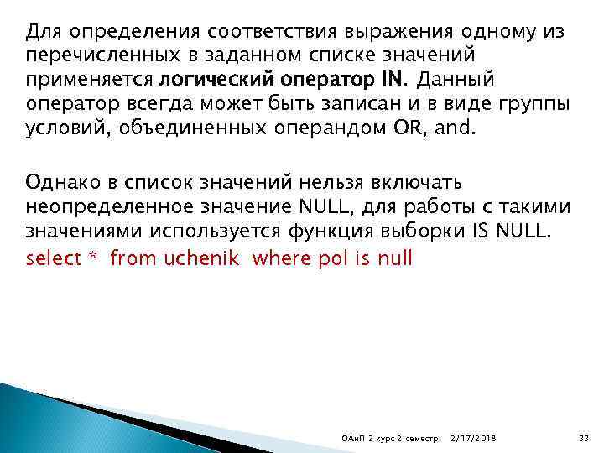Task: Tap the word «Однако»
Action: pyautogui.click(x=57, y=184)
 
